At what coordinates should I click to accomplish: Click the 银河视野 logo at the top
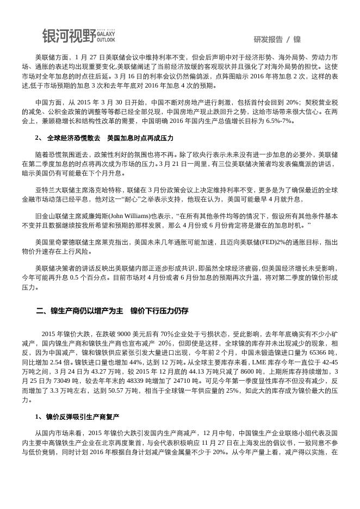(78, 36)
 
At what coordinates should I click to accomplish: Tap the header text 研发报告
(268, 39)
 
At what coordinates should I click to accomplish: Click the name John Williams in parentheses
(127, 215)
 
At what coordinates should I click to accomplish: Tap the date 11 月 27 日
(234, 442)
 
